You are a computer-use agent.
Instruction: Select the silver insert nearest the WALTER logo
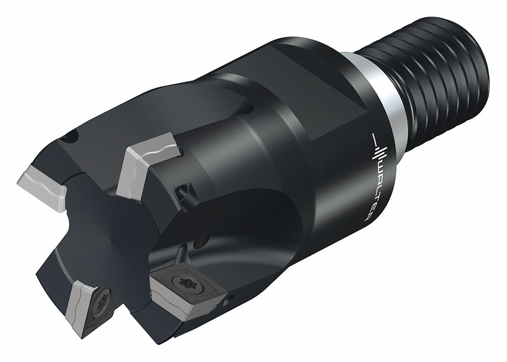[x=149, y=163]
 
